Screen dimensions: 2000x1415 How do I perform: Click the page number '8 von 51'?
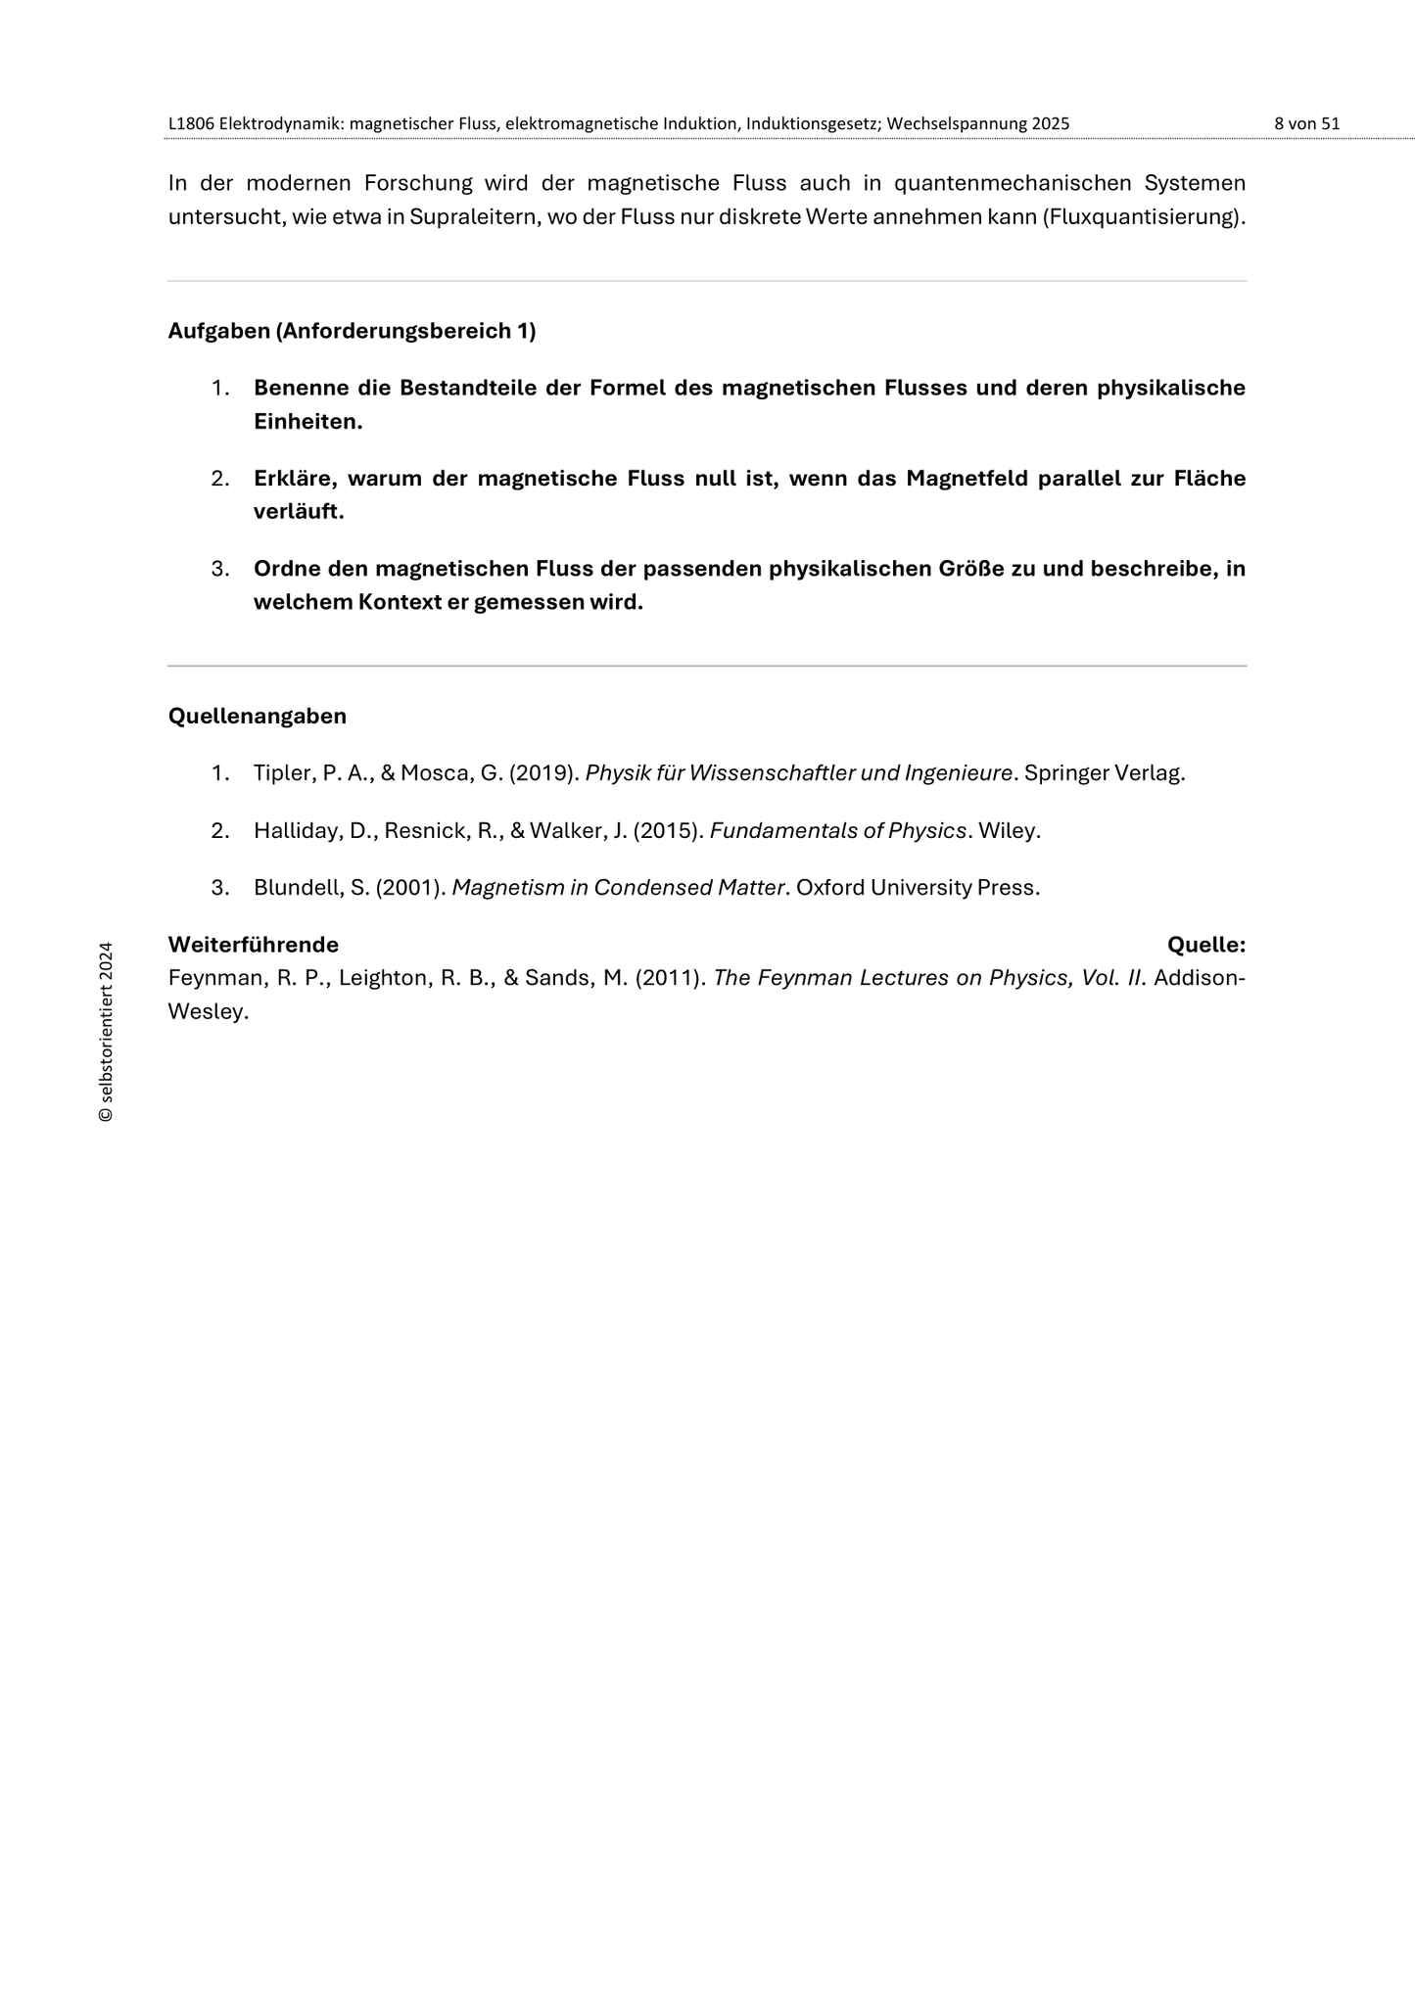click(x=1306, y=124)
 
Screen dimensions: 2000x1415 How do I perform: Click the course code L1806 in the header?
click(x=191, y=124)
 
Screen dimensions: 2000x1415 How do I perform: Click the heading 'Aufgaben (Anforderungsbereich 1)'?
click(x=352, y=331)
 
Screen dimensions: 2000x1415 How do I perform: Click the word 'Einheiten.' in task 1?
click(x=307, y=422)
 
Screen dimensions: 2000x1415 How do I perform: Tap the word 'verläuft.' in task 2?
click(x=299, y=512)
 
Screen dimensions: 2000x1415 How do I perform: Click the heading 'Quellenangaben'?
click(x=257, y=716)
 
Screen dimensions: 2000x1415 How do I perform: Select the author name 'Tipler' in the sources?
click(x=279, y=773)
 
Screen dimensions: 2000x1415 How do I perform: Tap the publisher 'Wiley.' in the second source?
click(x=1009, y=831)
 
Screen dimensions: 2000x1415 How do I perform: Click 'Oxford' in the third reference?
click(x=828, y=888)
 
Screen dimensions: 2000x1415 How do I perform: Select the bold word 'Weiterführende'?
click(x=253, y=945)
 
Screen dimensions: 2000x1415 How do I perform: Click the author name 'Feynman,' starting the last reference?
click(x=210, y=978)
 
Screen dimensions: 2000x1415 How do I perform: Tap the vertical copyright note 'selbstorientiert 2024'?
click(x=106, y=1032)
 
